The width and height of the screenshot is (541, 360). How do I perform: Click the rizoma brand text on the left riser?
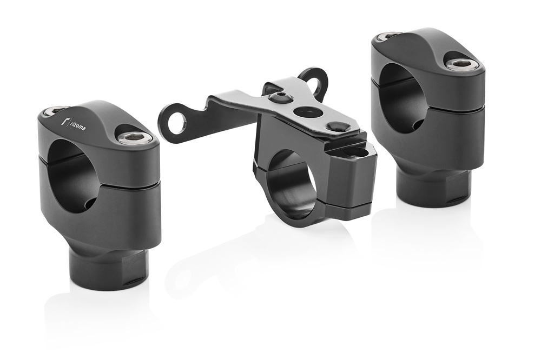pyautogui.click(x=78, y=126)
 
